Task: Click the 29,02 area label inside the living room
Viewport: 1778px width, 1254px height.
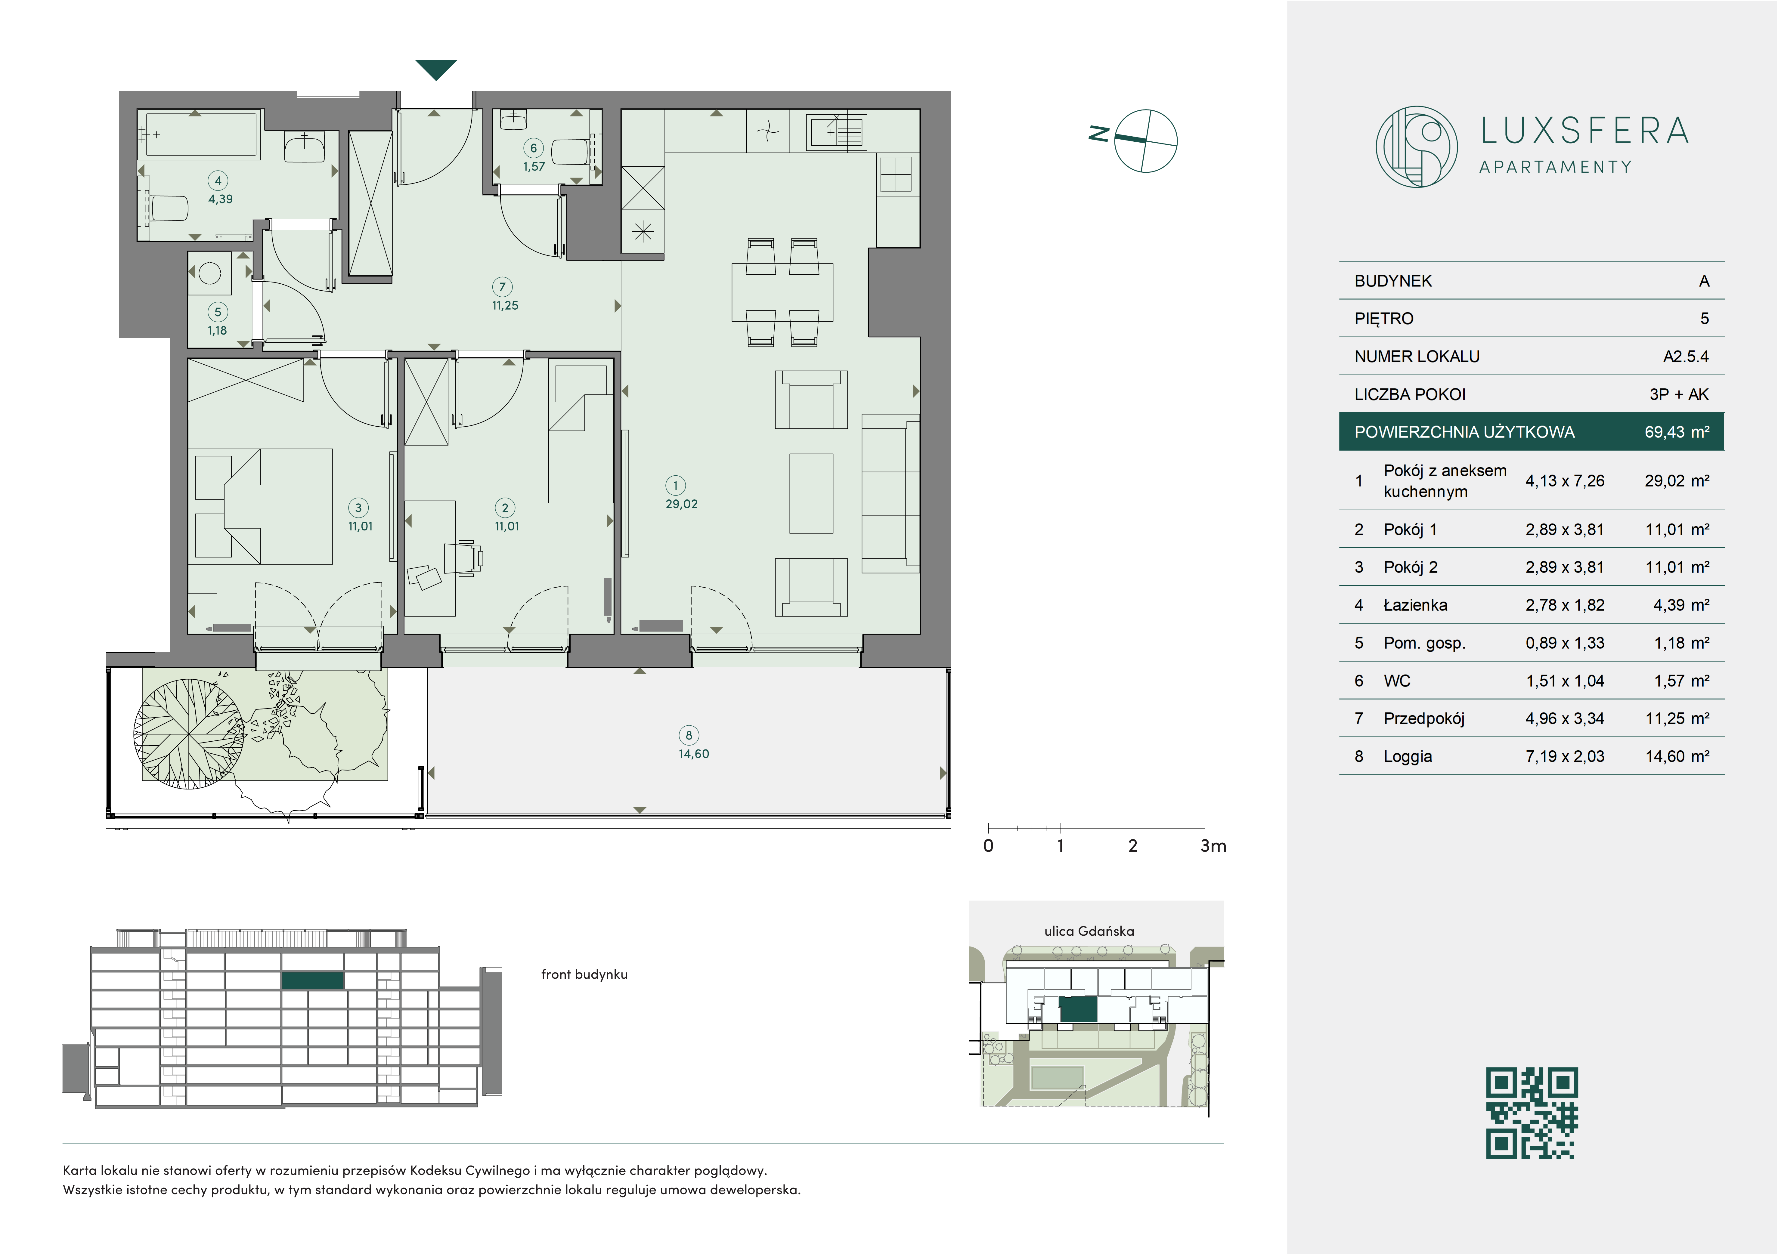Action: click(681, 504)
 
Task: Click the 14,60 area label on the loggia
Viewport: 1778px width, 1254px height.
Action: click(694, 754)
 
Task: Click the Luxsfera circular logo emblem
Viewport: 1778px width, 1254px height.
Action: click(1416, 146)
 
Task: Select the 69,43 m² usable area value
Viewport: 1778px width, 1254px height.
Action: click(1677, 432)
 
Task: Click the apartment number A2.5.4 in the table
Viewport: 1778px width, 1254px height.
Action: click(1686, 357)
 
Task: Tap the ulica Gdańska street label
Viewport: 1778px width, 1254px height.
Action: click(1089, 931)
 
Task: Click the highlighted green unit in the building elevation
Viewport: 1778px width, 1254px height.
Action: click(312, 980)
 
